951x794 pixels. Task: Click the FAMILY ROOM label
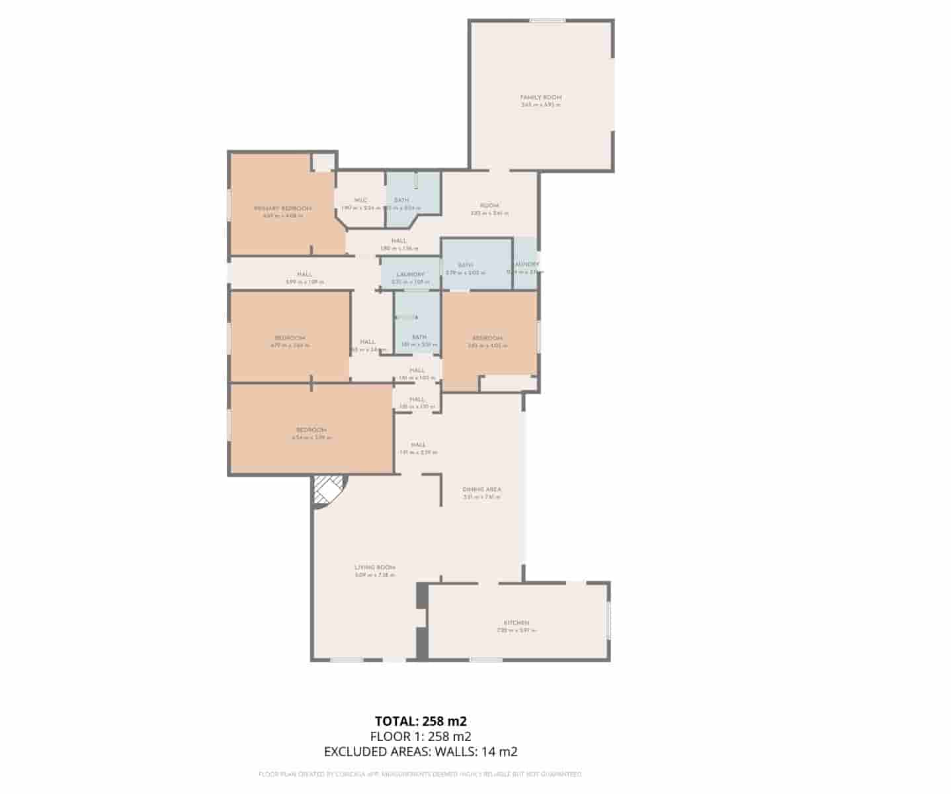540,97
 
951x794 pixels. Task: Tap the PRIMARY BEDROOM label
282,208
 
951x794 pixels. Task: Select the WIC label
360,200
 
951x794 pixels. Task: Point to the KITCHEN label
517,623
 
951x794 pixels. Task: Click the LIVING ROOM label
375,567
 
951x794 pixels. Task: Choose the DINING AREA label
482,490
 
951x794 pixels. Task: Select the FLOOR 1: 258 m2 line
421,736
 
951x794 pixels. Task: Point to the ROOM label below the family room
489,205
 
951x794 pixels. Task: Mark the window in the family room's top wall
548,21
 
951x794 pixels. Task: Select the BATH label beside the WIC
401,200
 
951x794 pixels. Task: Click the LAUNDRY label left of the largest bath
410,275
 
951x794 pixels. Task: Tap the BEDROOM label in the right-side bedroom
487,338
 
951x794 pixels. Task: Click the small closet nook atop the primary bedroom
323,162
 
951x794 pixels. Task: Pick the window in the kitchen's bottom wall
486,659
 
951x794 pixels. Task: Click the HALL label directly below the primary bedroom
304,275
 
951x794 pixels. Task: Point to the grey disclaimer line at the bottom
421,773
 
